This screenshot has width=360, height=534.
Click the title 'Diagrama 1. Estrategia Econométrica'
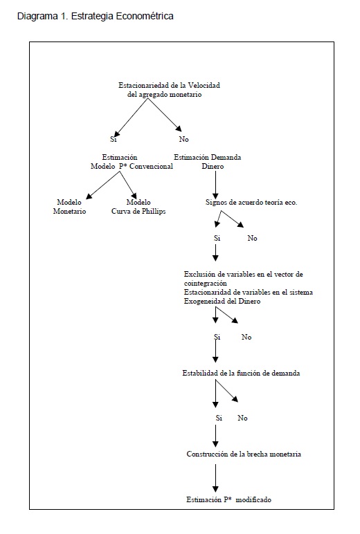95,16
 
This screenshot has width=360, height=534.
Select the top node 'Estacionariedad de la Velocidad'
169,85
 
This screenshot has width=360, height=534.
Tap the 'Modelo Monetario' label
69,207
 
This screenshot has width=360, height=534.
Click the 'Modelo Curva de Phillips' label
138,207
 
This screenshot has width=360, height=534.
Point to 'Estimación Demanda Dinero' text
208,162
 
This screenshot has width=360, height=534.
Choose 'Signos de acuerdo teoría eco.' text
251,202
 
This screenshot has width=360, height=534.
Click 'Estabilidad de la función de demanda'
241,373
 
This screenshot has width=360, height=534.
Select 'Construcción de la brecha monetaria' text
244,454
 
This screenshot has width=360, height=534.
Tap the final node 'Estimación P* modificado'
228,499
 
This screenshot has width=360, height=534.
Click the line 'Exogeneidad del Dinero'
222,301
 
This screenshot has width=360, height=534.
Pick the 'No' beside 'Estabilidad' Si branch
242,418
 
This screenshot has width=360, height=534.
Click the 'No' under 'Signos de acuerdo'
252,238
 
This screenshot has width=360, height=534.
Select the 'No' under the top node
183,139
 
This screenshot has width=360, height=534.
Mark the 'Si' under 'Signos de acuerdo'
217,238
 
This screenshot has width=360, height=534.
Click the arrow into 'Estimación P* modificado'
215,478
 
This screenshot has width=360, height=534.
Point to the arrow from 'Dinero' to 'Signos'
215,184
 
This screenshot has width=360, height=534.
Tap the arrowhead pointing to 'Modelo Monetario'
89,196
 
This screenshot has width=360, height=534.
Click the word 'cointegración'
205,284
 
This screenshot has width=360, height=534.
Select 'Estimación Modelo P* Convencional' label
132,162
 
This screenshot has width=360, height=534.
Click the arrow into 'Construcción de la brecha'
215,436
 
